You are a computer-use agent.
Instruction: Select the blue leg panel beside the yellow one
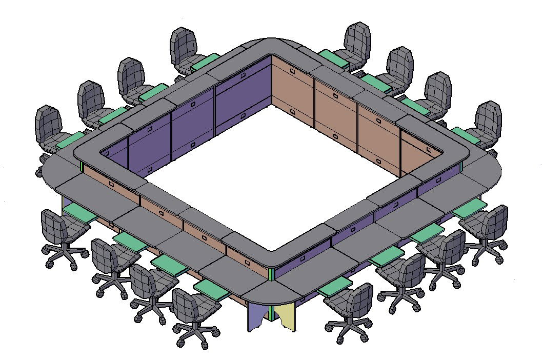256,315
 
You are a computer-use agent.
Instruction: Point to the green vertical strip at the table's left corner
82,167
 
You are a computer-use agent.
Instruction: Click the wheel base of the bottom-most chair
194,336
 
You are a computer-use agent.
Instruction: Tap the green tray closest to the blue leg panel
212,289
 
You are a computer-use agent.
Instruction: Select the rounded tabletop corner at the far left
51,172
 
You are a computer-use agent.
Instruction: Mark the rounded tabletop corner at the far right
490,172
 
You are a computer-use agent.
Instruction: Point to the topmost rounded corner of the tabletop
270,45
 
